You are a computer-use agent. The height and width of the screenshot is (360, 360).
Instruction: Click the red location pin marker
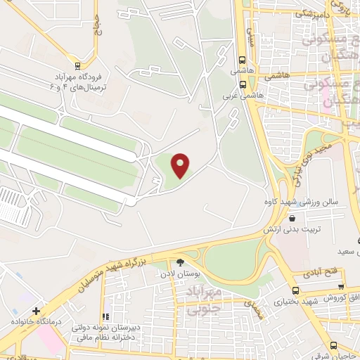pyautogui.click(x=181, y=165)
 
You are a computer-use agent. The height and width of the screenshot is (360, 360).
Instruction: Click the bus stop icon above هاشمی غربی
pyautogui.click(x=243, y=84)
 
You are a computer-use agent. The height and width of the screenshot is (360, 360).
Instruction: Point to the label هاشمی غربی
pyautogui.click(x=243, y=95)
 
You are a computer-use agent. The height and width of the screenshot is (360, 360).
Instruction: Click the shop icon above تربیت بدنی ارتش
pyautogui.click(x=292, y=219)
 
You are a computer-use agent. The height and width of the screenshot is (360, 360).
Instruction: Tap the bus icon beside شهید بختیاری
pyautogui.click(x=296, y=291)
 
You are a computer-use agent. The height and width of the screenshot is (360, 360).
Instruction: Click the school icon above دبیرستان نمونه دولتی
pyautogui.click(x=106, y=317)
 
